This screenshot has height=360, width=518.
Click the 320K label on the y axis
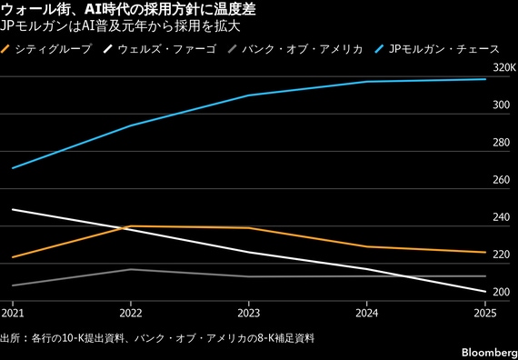point(503,68)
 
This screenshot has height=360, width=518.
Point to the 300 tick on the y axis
point(502,105)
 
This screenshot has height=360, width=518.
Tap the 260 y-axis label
point(502,181)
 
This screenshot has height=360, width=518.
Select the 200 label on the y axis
point(502,293)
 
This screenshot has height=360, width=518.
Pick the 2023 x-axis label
point(248,313)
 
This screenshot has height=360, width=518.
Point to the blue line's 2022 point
point(131,125)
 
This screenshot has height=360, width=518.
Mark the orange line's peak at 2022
point(131,226)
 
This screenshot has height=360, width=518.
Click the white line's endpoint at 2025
point(485,292)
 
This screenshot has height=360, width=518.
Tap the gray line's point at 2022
point(131,269)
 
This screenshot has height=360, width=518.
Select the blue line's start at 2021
point(13,168)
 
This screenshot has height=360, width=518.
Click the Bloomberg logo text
point(493,352)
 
